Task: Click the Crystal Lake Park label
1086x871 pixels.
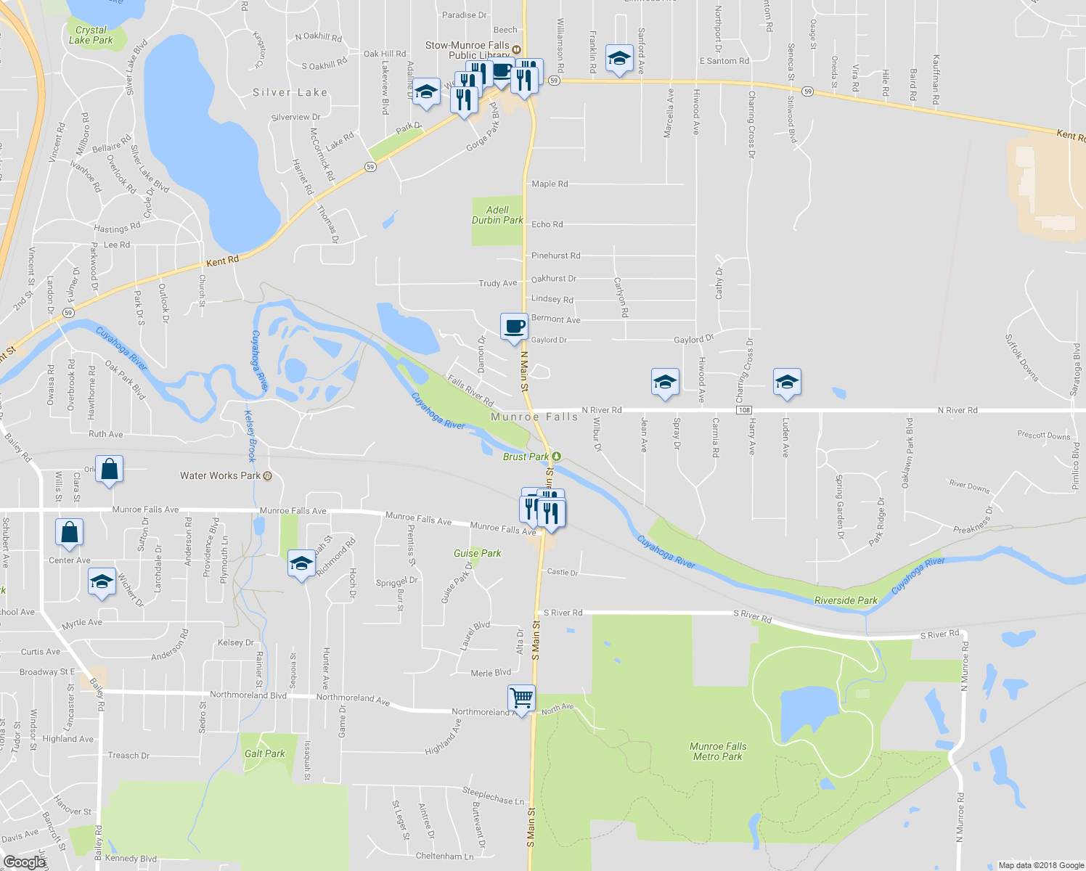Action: click(91, 35)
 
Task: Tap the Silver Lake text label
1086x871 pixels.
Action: click(290, 92)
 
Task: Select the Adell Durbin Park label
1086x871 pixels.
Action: click(497, 215)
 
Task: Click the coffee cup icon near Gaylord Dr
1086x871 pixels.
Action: click(514, 327)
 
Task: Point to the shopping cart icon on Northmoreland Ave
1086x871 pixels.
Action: click(521, 698)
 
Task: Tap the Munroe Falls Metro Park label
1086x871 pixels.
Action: click(717, 751)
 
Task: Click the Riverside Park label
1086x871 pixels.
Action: click(846, 600)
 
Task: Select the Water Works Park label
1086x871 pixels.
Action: click(220, 475)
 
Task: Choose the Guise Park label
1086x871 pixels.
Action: click(477, 553)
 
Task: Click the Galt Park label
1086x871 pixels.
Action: click(264, 753)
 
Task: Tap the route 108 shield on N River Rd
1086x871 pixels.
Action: click(744, 410)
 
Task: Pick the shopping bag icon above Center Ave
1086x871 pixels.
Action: click(69, 533)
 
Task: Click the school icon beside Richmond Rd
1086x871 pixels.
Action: click(301, 564)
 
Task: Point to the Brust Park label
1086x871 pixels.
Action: click(526, 457)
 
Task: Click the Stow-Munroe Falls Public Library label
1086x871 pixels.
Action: click(468, 50)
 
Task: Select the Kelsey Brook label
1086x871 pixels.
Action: click(250, 436)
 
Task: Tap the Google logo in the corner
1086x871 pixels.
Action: click(24, 862)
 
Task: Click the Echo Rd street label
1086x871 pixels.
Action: click(547, 224)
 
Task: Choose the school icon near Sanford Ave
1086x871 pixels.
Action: click(618, 59)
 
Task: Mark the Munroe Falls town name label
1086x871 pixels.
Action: click(534, 417)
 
